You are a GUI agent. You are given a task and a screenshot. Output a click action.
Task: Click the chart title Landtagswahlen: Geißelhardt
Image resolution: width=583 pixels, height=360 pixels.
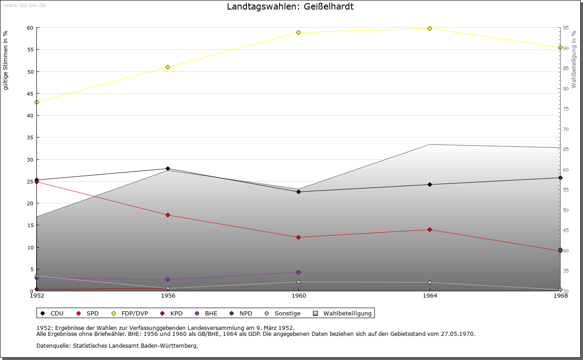(290, 7)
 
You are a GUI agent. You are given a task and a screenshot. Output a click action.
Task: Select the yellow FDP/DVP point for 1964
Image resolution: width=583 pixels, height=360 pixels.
(430, 29)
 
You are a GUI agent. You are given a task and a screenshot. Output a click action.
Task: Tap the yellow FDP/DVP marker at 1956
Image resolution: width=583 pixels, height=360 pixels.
(168, 67)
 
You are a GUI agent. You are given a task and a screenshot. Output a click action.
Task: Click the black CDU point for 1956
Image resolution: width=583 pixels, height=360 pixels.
(168, 169)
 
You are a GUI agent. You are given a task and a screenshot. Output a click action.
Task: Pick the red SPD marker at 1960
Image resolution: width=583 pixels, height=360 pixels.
(298, 238)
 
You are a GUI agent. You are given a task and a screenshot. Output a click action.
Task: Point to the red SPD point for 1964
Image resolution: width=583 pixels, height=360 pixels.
(430, 230)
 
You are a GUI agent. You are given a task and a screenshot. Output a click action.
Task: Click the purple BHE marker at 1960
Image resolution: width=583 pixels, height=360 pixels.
(298, 273)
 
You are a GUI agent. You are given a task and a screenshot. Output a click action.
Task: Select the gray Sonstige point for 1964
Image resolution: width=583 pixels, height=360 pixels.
(430, 283)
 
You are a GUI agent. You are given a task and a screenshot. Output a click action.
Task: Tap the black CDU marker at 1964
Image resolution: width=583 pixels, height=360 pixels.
(430, 185)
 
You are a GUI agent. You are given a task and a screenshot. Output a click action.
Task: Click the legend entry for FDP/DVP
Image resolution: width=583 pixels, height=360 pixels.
(130, 314)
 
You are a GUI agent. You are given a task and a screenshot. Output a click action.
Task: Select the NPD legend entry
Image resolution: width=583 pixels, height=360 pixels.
(241, 314)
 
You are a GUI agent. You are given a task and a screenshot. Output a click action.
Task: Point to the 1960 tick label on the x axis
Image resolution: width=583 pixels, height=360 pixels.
(298, 296)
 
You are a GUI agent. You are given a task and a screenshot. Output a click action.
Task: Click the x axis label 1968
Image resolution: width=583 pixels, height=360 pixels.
(560, 296)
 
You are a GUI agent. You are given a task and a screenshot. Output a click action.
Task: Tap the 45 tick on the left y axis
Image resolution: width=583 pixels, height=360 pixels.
(30, 94)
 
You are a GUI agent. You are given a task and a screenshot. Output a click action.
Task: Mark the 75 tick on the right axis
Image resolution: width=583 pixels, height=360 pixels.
(565, 109)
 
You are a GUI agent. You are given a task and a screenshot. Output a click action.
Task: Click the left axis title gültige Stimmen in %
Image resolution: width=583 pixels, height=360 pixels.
(6, 60)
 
